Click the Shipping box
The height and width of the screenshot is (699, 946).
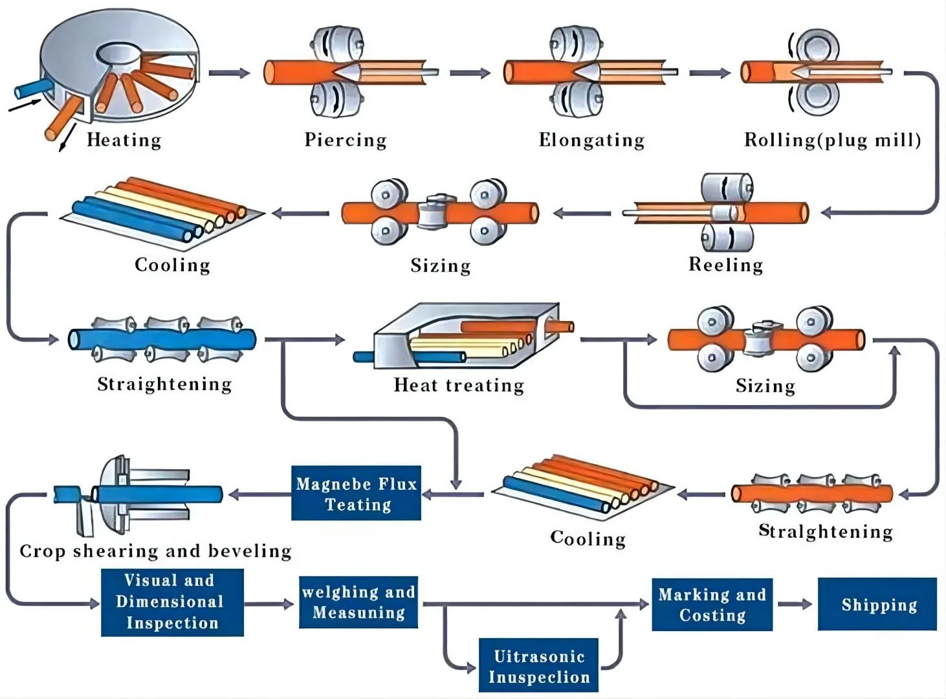click(x=877, y=605)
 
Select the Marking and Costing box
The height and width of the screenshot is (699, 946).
click(x=712, y=605)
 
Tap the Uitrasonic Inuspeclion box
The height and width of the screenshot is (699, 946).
click(x=538, y=666)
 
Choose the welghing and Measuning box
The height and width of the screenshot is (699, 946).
click(x=358, y=603)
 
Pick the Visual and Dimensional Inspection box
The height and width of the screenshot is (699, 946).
click(x=172, y=602)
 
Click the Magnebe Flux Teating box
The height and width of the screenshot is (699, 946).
click(x=356, y=493)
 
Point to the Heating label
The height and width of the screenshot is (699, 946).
click(x=124, y=140)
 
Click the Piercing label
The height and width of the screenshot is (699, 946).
click(x=346, y=140)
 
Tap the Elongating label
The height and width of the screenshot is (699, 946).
click(x=591, y=140)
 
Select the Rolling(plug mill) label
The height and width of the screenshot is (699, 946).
click(x=832, y=140)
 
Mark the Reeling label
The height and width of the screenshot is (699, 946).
click(x=725, y=264)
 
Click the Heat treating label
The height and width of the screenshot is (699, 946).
click(x=459, y=385)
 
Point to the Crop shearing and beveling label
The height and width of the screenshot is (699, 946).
click(x=155, y=551)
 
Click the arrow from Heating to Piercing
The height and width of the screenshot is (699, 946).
click(x=229, y=73)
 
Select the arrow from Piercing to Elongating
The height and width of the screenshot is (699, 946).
click(x=470, y=73)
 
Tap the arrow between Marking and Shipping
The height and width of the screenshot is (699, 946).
click(x=795, y=605)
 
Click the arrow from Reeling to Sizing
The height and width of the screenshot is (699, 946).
click(x=582, y=212)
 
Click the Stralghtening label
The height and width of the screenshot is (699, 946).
click(x=825, y=531)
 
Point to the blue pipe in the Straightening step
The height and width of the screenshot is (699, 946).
click(x=162, y=339)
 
